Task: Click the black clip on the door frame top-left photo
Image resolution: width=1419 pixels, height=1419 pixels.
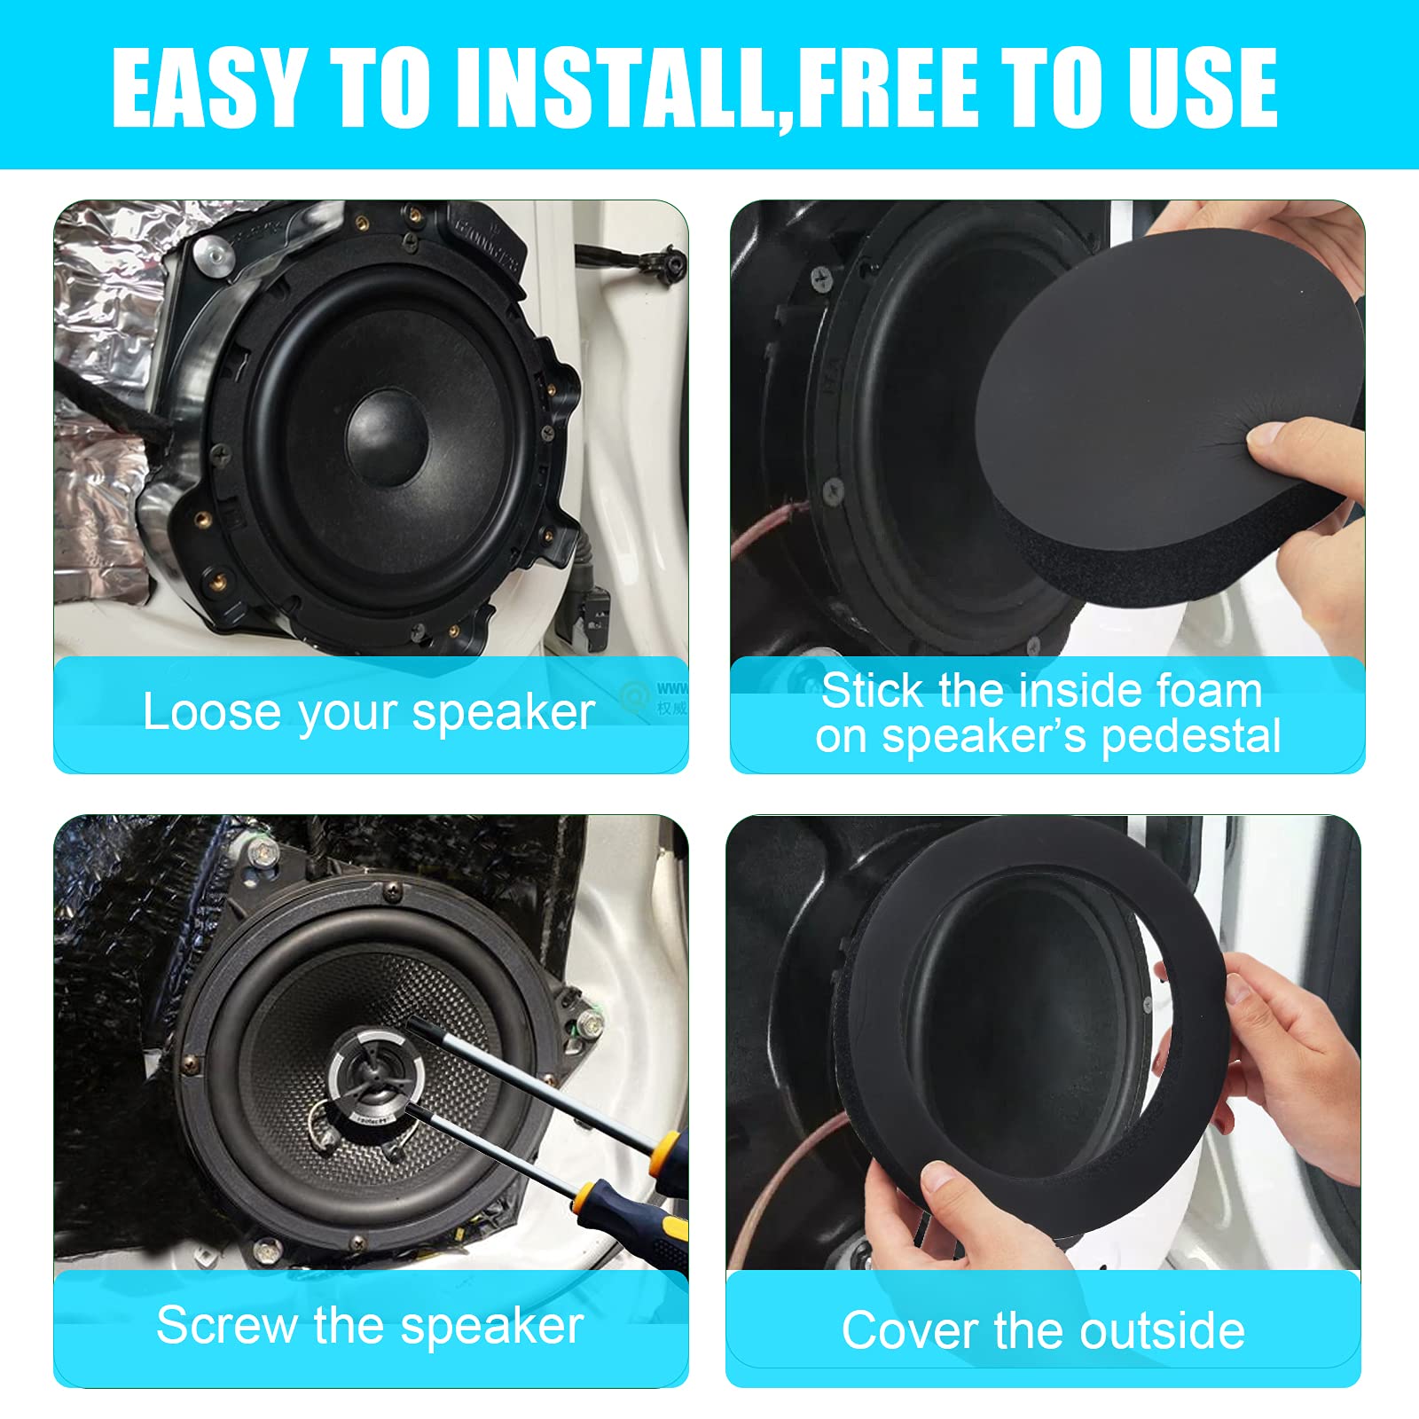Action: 667,262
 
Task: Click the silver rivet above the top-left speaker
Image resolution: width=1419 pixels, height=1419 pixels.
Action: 208,251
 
